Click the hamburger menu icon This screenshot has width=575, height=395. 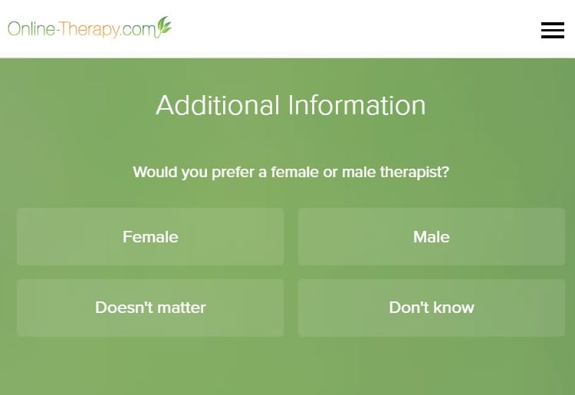coord(553,30)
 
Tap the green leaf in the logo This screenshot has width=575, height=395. coord(164,25)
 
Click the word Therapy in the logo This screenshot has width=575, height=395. coord(89,29)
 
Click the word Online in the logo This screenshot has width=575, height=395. coord(31,28)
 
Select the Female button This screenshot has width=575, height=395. coord(150,236)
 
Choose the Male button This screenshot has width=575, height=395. coord(431,236)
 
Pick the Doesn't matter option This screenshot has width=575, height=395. coord(150,308)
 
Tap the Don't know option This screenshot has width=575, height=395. coord(431,308)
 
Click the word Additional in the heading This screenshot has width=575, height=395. coord(218,105)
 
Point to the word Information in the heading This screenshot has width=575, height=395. coord(356,105)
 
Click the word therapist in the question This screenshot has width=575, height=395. coord(414,172)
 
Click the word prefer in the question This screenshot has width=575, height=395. coord(233,172)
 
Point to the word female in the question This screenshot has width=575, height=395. coord(295,172)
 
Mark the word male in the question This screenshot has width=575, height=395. coord(359,172)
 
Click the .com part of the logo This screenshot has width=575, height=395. coord(139,29)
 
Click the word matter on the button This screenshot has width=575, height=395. coord(182,308)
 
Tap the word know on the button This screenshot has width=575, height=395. coord(454,308)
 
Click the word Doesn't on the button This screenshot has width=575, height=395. coord(124,308)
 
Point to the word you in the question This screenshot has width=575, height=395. coord(195,173)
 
